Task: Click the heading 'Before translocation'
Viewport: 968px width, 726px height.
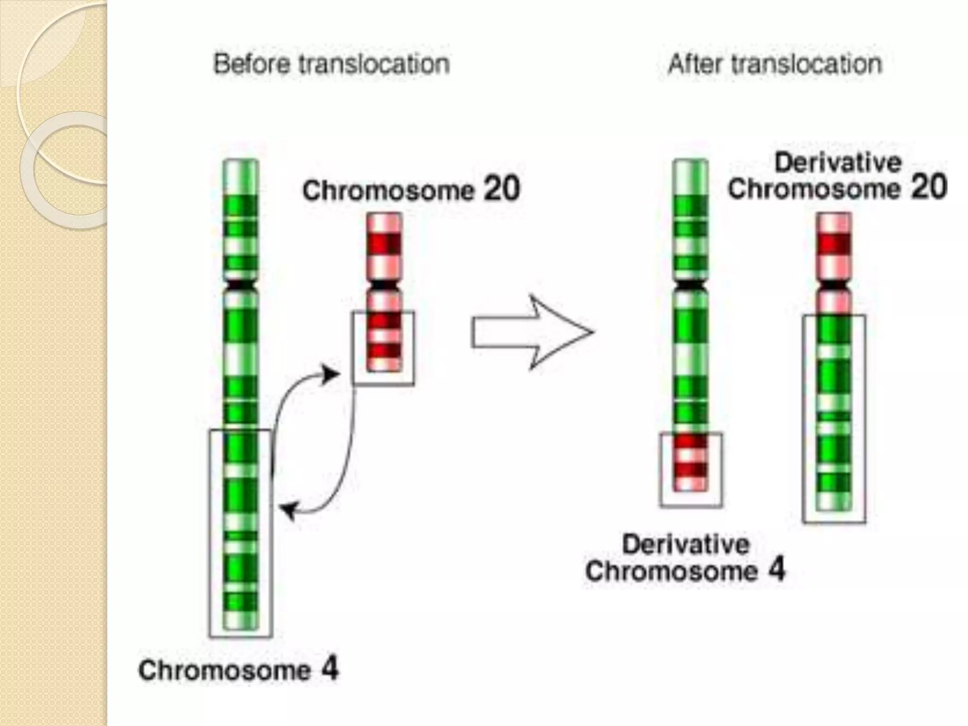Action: tap(331, 64)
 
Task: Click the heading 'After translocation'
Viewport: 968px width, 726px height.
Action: tap(775, 64)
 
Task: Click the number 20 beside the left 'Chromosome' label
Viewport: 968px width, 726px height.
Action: tap(501, 189)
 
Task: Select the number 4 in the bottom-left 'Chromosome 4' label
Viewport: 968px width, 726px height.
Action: tap(330, 669)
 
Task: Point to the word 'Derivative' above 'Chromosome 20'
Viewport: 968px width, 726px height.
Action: tap(838, 163)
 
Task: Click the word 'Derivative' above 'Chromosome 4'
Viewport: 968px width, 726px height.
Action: tap(686, 544)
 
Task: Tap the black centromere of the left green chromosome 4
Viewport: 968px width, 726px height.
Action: tap(241, 285)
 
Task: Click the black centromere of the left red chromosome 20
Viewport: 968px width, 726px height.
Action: tap(384, 285)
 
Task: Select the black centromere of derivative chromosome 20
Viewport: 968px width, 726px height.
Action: tap(834, 285)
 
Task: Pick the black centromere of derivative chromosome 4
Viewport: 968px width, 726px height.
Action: tap(690, 285)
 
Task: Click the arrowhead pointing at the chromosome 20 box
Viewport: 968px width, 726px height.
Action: tap(330, 375)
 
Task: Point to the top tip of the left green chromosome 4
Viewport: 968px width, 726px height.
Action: tap(241, 162)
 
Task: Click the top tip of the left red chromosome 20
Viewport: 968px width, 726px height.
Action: tap(384, 215)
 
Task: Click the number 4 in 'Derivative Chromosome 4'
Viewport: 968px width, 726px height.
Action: tap(776, 570)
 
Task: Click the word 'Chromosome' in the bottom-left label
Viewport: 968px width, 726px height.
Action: tap(225, 670)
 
